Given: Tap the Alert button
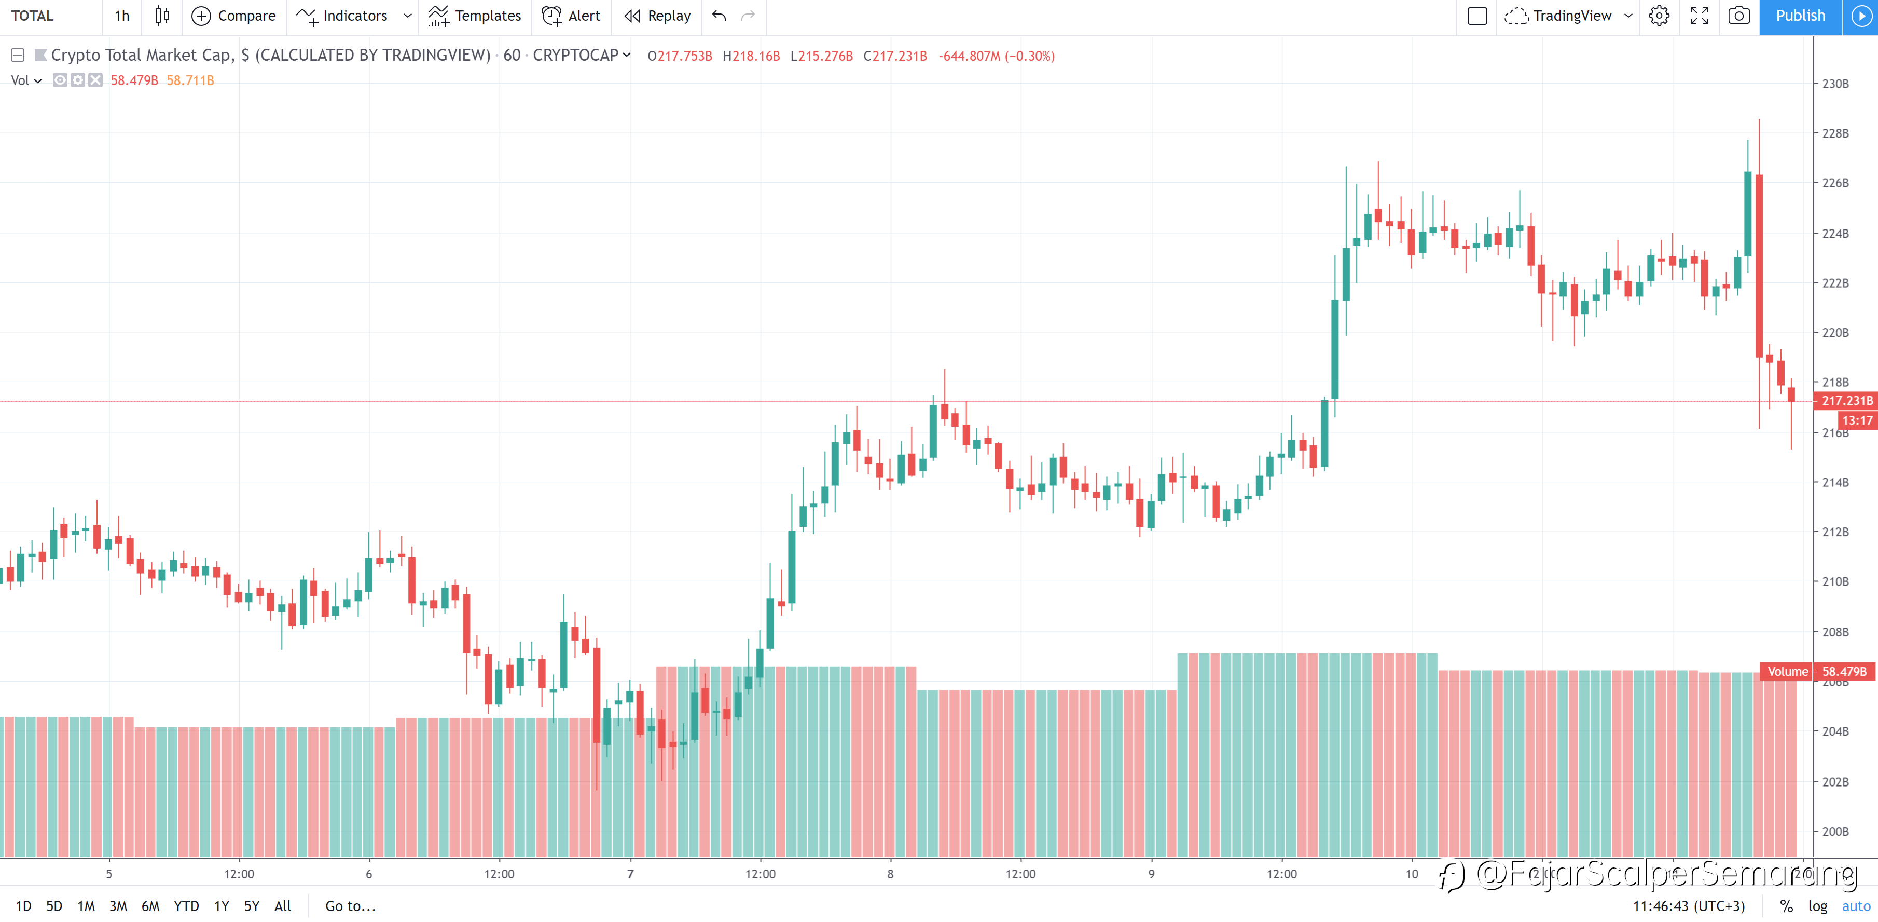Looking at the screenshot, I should coord(572,16).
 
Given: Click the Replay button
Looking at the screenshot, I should coord(658,16).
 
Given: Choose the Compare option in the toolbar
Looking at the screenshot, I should coord(234,16).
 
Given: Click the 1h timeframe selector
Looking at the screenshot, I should coord(122,16).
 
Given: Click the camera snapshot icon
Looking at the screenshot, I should coord(1739,16).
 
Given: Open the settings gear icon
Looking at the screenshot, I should coord(1659,16).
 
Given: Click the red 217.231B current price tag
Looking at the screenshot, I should coord(1847,400).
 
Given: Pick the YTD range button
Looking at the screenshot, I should coord(186,906).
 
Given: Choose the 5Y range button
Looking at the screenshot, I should coord(252,906).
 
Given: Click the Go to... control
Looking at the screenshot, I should coord(350,906).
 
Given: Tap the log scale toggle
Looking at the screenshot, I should coord(1817,906).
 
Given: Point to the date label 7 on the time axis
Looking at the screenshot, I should coord(631,874).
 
